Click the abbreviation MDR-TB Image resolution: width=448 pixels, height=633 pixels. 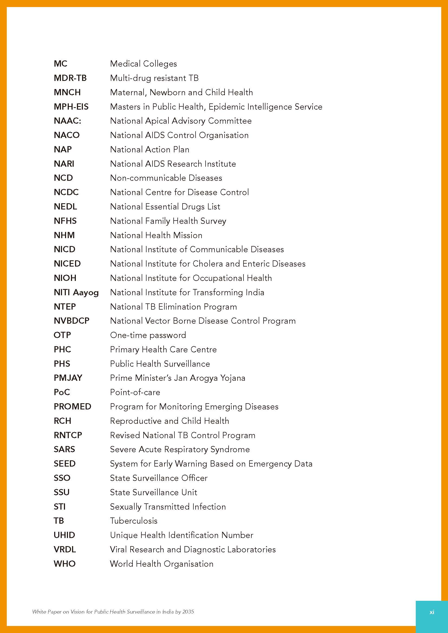point(70,78)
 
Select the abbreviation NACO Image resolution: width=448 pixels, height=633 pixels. point(66,135)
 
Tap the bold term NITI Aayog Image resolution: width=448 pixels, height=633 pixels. point(76,292)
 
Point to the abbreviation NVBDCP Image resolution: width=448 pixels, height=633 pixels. point(72,321)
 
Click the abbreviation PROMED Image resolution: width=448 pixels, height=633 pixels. point(72,406)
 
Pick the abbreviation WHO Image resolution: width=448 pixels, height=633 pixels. point(64,563)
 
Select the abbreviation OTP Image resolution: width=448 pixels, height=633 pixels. point(62,335)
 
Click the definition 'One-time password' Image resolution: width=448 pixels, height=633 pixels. point(148,335)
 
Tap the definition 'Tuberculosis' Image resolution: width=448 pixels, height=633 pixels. point(134,521)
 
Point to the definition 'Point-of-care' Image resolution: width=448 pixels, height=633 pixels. point(135,392)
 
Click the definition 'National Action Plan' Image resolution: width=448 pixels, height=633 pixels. point(150,149)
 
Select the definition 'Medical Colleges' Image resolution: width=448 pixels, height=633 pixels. point(143,64)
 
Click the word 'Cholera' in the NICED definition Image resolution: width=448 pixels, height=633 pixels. point(207,264)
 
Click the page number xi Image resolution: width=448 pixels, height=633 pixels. point(432,612)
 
